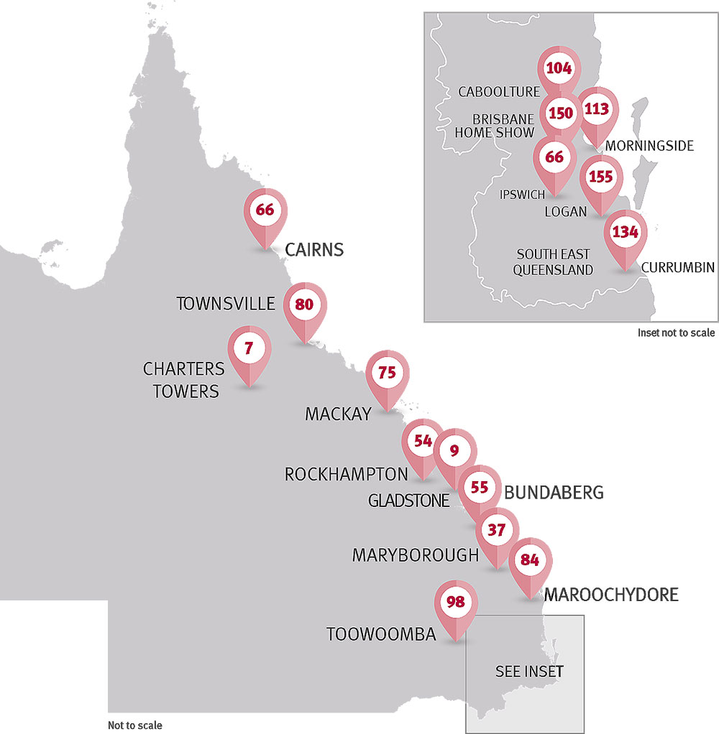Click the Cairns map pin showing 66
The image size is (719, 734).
click(x=265, y=210)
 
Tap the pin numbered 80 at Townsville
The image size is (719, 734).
click(x=305, y=305)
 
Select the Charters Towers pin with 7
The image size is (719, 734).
click(x=249, y=349)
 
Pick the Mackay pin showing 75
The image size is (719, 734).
click(x=388, y=373)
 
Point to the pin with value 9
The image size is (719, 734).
click(x=454, y=450)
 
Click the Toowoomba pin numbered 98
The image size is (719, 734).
click(x=456, y=602)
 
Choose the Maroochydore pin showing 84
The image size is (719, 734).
click(x=530, y=560)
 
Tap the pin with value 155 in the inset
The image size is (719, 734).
click(x=600, y=179)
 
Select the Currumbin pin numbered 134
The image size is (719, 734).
click(x=625, y=232)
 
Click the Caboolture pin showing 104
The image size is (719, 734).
click(x=559, y=69)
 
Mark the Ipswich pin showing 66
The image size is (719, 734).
click(x=554, y=157)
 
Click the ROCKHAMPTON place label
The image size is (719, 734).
click(x=346, y=475)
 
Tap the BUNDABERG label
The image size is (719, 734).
click(x=554, y=493)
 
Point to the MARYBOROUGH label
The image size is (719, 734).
click(x=415, y=555)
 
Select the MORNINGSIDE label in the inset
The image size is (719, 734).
click(x=649, y=146)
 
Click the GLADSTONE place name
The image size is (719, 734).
click(x=408, y=501)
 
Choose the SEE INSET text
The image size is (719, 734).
click(x=529, y=672)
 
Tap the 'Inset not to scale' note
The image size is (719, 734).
click(x=676, y=333)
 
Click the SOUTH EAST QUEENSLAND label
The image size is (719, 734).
click(x=554, y=262)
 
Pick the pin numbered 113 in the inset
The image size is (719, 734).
click(x=597, y=110)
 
